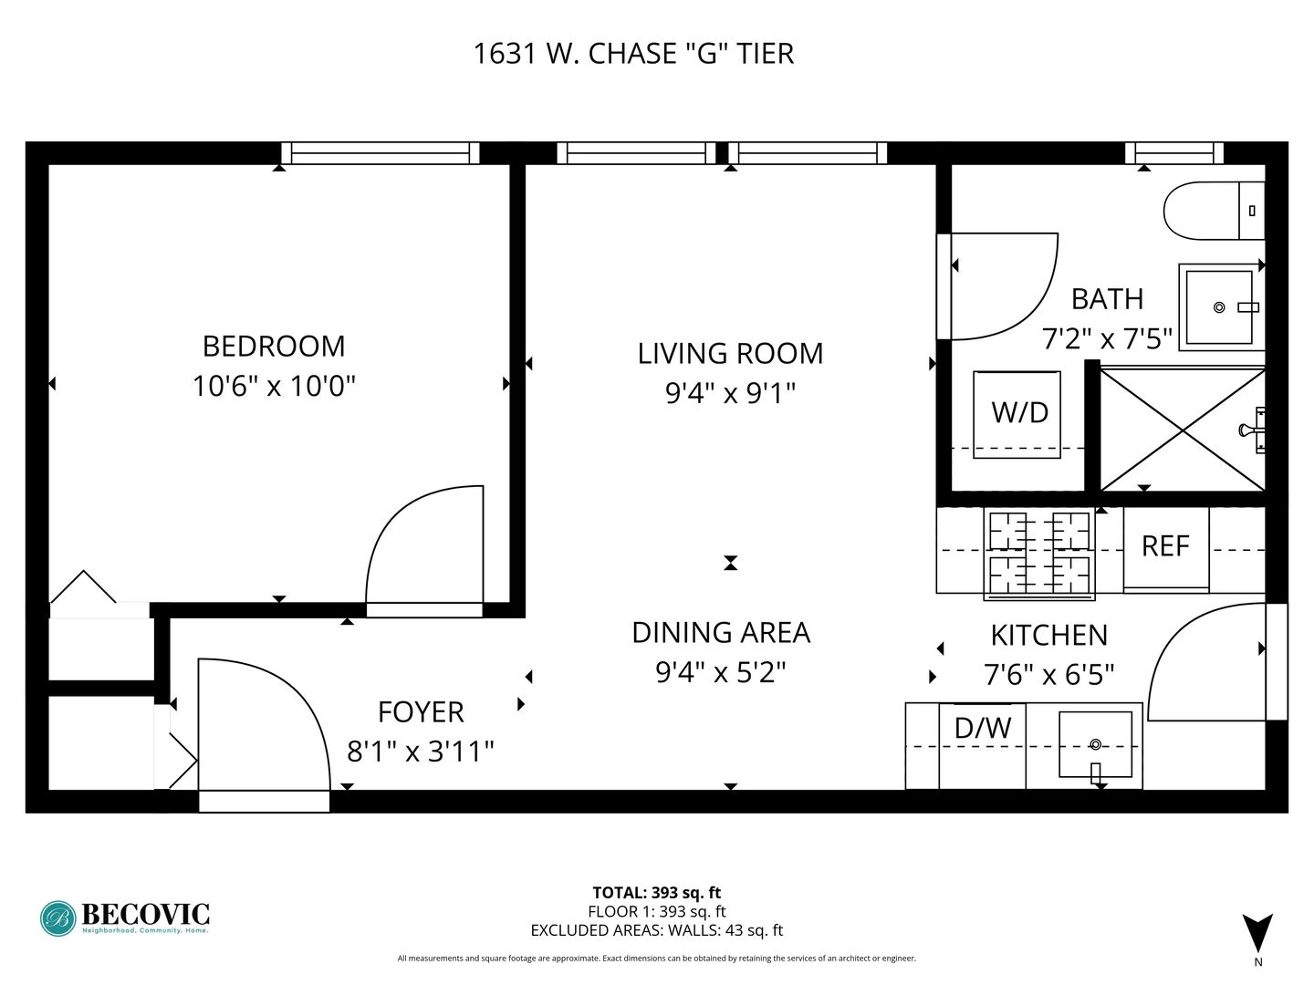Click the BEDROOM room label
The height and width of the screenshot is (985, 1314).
274,347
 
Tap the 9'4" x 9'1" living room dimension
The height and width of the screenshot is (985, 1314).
730,393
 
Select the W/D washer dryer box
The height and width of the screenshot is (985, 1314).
1017,414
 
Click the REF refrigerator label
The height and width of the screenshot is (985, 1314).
1165,546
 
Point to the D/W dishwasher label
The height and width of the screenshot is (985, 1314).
983,728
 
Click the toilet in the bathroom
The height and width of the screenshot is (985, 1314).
1214,211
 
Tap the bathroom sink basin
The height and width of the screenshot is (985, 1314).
1219,307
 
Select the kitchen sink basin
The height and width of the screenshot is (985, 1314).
1095,744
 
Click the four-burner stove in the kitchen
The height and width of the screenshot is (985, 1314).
1039,554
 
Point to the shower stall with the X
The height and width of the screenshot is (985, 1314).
1183,430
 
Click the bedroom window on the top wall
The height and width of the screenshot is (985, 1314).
381,153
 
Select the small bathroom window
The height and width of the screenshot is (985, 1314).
1173,153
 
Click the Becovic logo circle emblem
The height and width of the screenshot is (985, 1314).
58,918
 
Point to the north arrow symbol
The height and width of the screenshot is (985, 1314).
1257,932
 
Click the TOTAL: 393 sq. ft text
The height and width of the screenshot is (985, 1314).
657,893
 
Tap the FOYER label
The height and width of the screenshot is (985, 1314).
421,712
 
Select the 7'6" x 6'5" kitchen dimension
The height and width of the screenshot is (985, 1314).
1048,675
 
